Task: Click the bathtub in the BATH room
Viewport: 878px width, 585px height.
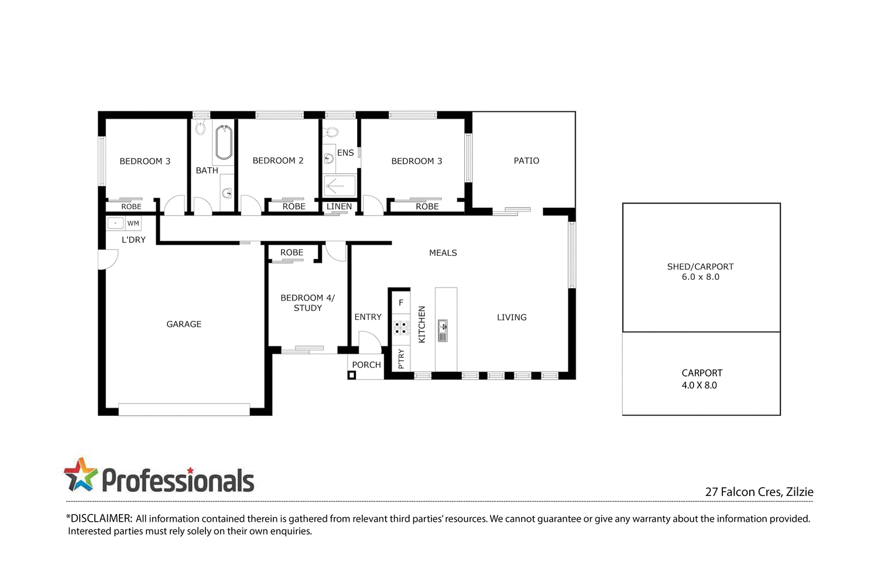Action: pyautogui.click(x=224, y=143)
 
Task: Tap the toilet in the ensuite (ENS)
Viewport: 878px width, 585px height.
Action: pyautogui.click(x=331, y=132)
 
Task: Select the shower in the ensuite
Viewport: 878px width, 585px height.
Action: pyautogui.click(x=339, y=186)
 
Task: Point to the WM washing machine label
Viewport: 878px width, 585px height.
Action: pyautogui.click(x=133, y=223)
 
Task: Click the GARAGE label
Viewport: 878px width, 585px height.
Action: pyautogui.click(x=184, y=324)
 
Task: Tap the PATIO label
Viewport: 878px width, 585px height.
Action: pyautogui.click(x=526, y=160)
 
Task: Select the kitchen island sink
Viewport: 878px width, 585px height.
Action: pyautogui.click(x=443, y=330)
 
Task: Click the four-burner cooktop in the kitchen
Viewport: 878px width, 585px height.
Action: pyautogui.click(x=401, y=328)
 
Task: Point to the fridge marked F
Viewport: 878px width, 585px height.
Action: pyautogui.click(x=401, y=303)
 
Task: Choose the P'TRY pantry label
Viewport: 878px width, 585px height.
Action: pyautogui.click(x=401, y=358)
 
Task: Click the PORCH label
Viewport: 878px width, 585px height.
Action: pyautogui.click(x=366, y=365)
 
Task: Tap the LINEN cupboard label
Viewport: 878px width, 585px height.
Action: pyautogui.click(x=339, y=207)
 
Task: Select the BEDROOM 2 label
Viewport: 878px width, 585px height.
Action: pyautogui.click(x=278, y=160)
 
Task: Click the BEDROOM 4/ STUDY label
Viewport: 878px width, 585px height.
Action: pyautogui.click(x=308, y=303)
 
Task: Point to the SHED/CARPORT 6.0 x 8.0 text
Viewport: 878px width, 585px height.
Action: pyautogui.click(x=700, y=272)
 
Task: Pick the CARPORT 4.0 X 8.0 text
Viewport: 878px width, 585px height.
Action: pyautogui.click(x=701, y=379)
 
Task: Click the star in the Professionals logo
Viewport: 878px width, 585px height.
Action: pyautogui.click(x=81, y=474)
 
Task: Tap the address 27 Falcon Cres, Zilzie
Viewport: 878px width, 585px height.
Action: pyautogui.click(x=759, y=492)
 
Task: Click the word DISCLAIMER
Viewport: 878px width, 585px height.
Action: pyautogui.click(x=101, y=518)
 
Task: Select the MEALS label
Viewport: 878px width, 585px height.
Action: pyautogui.click(x=443, y=253)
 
